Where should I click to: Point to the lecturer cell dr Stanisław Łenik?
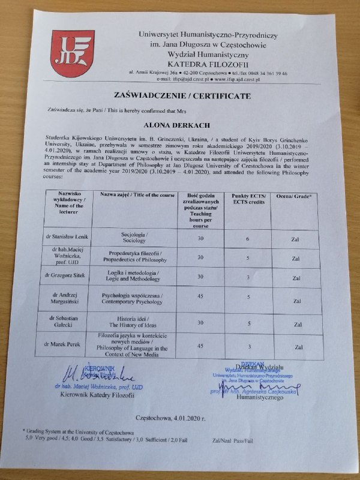tap(71, 238)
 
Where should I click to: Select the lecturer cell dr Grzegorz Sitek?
tap(71, 277)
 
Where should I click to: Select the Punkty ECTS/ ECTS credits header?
tap(245, 199)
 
